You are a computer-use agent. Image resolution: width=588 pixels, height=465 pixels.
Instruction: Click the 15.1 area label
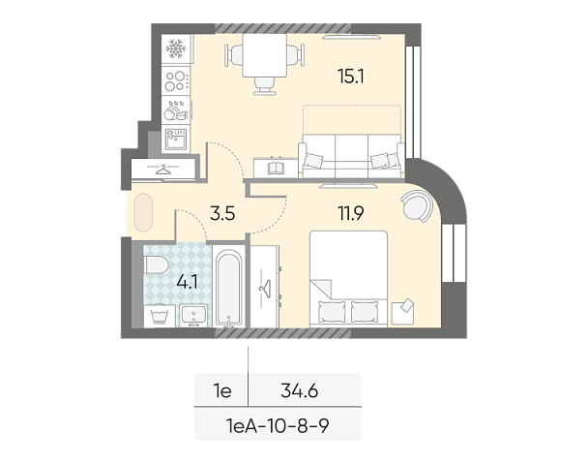pos(351,77)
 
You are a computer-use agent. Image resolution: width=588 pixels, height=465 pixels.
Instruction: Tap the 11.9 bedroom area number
pos(351,213)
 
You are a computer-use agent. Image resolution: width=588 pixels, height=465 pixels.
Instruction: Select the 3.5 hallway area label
pos(222,213)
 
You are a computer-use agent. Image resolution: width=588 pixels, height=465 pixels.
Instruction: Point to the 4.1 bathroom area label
pos(187,282)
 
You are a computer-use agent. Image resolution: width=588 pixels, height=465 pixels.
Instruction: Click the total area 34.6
pos(299,391)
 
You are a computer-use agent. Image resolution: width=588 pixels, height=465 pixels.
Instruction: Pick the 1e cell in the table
pos(222,391)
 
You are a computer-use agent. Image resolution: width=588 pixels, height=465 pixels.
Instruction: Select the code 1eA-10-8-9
pos(278,425)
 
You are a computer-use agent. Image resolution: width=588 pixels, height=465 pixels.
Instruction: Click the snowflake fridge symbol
pos(176,48)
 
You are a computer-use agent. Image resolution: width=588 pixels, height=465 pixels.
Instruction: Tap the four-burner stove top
pos(176,81)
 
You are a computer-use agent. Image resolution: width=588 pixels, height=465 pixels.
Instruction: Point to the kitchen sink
pos(176,139)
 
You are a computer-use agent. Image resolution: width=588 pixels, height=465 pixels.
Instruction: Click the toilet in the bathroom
pos(157,265)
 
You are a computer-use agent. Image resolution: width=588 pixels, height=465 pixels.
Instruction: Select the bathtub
pos(228,288)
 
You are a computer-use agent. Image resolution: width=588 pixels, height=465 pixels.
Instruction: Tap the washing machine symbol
pos(160,316)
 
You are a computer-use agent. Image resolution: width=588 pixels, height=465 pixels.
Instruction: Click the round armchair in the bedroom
pos(418,205)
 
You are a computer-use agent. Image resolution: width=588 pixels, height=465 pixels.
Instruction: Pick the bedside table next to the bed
pos(402,312)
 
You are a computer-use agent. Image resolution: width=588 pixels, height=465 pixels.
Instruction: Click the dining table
pos(265,55)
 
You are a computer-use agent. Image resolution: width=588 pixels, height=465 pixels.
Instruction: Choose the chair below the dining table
pos(265,85)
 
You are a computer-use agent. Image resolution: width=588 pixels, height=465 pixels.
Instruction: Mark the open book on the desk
pos(277,168)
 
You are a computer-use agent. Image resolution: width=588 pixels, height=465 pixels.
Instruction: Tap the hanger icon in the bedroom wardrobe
pos(265,289)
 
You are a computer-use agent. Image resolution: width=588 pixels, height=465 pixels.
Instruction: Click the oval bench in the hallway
pos(143,212)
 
